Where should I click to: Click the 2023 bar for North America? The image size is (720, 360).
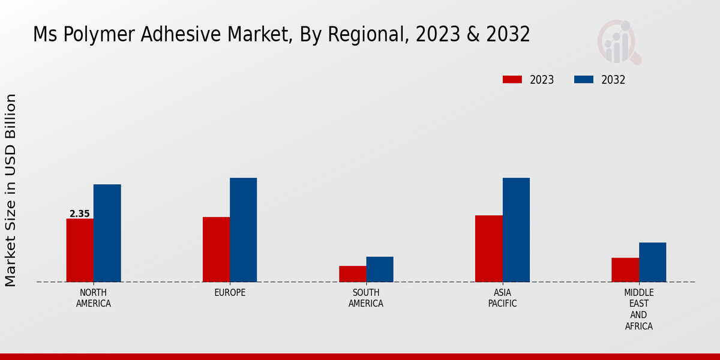click(80, 250)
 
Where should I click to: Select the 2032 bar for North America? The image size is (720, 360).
click(107, 233)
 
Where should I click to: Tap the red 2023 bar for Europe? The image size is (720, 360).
click(216, 249)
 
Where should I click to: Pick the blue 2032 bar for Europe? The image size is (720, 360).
click(243, 230)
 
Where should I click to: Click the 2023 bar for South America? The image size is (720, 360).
click(352, 274)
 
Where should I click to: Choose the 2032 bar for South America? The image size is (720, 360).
click(380, 269)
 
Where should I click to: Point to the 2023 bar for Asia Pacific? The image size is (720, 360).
click(488, 248)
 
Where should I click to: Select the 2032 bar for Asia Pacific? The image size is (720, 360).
click(516, 230)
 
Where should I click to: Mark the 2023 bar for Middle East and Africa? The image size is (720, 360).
click(625, 269)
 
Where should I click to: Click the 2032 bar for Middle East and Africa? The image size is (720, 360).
click(652, 262)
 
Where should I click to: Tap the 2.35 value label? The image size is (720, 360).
click(80, 214)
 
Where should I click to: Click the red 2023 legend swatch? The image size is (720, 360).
click(512, 80)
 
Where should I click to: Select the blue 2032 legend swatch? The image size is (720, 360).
click(584, 80)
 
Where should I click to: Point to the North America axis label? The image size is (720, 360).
click(94, 298)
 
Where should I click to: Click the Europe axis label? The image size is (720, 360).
click(230, 292)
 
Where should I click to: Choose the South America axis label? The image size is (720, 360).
click(366, 298)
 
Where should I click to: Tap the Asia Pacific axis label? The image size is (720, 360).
click(502, 298)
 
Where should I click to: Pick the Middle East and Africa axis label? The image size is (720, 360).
click(638, 309)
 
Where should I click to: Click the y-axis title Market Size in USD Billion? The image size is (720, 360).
click(11, 190)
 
